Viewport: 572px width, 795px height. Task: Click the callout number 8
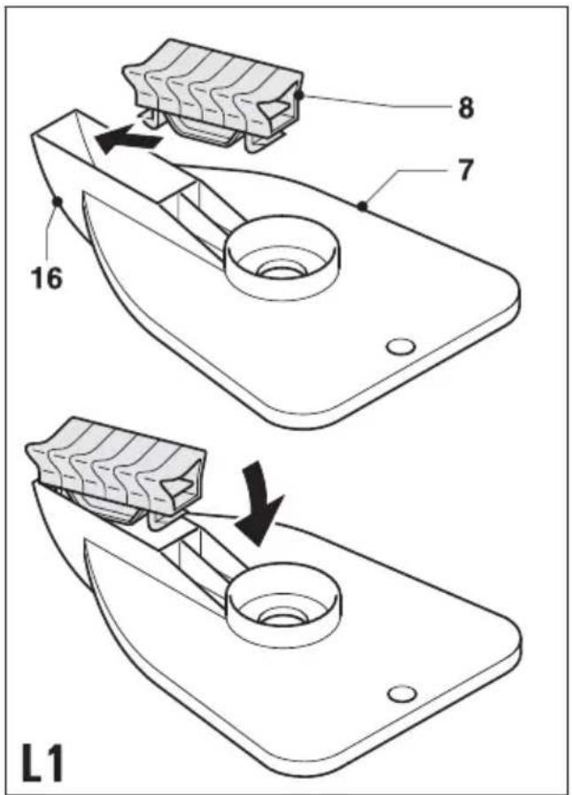click(466, 107)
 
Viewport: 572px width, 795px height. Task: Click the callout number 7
click(465, 170)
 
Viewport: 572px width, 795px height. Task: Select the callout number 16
click(47, 277)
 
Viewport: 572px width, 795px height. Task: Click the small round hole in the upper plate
click(400, 347)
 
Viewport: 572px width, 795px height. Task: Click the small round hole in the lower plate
click(402, 694)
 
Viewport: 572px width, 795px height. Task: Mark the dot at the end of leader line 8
click(299, 95)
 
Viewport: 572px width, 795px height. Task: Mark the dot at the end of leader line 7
click(362, 206)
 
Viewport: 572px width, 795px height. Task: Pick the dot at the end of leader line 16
click(58, 202)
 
